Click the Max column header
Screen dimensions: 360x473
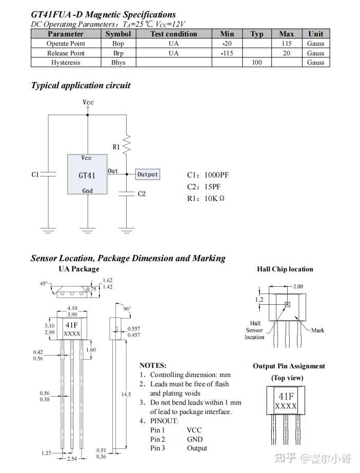point(286,34)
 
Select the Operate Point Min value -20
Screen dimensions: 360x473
point(227,44)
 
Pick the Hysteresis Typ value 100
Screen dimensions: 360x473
point(257,63)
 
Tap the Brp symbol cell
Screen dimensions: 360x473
point(118,53)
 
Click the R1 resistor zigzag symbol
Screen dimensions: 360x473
point(126,144)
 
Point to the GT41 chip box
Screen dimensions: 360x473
point(87,174)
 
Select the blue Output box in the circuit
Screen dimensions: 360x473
point(148,174)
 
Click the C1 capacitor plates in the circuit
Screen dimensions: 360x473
point(48,174)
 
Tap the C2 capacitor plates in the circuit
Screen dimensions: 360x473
point(127,194)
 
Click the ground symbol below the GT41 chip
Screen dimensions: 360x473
point(88,230)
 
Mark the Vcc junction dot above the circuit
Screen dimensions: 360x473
point(88,115)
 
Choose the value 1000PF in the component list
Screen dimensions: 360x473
point(216,175)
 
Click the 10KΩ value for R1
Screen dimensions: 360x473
point(214,199)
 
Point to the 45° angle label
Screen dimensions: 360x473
point(44,284)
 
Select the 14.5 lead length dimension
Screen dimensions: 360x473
point(126,395)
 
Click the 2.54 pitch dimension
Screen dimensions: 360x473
point(72,459)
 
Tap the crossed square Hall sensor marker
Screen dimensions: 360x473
point(288,304)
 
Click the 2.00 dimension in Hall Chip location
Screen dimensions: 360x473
point(298,286)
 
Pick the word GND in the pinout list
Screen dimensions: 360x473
point(195,439)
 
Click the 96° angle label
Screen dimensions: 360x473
point(127,309)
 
